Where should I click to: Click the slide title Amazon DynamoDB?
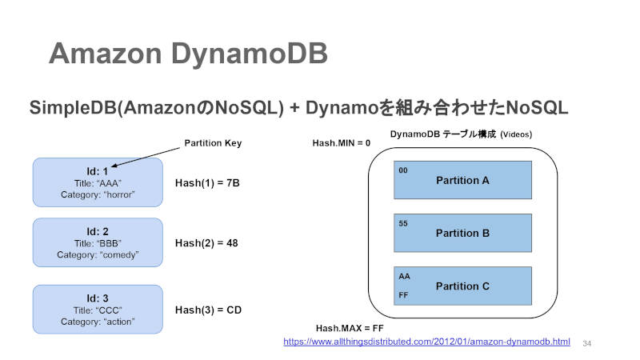tap(188, 54)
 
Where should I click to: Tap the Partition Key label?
tap(213, 143)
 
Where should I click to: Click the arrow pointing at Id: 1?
tap(146, 157)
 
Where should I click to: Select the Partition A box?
tap(462, 180)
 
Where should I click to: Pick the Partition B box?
tap(462, 233)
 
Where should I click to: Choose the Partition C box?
tap(462, 286)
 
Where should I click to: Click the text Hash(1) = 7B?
tap(207, 183)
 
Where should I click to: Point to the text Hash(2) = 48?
tap(206, 243)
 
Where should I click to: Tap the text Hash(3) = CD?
tap(208, 310)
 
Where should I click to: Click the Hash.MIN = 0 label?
tap(342, 143)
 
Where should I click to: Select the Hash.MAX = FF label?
tap(350, 328)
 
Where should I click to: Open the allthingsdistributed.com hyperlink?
tap(426, 342)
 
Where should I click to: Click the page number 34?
tap(587, 344)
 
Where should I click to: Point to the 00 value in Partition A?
tap(403, 170)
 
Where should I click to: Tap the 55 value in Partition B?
tap(403, 224)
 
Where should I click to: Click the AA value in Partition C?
tap(404, 276)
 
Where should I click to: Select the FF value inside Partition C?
tap(403, 295)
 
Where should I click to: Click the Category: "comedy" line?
tap(98, 254)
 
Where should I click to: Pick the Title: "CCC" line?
tap(98, 310)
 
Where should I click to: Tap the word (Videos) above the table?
tap(516, 134)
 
